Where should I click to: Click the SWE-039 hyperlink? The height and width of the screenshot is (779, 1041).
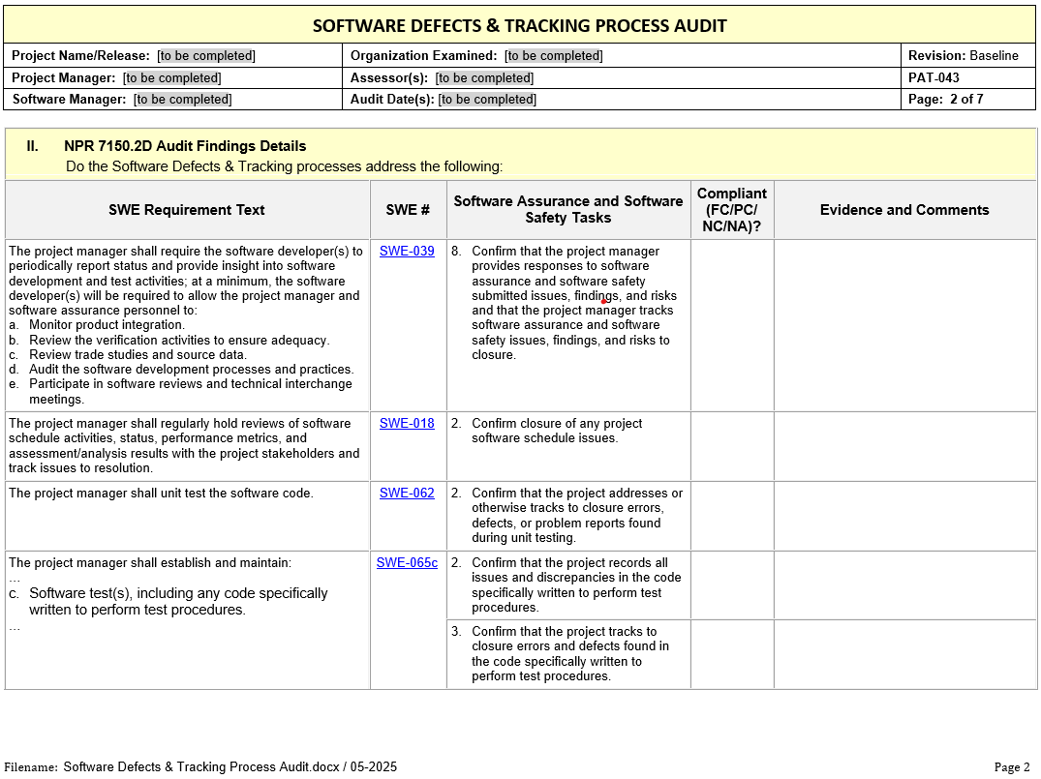click(407, 252)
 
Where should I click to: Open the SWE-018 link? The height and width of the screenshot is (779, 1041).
click(407, 424)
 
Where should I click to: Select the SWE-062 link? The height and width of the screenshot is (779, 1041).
click(407, 494)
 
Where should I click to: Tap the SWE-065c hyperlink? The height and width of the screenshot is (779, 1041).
click(407, 563)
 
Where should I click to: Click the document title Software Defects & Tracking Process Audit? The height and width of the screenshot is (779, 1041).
click(519, 26)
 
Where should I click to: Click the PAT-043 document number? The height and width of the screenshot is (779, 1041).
click(934, 77)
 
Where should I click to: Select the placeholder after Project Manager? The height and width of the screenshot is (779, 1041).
click(172, 77)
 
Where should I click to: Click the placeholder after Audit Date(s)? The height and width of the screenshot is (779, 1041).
click(487, 99)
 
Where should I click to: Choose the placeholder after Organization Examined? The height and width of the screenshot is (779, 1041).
click(554, 56)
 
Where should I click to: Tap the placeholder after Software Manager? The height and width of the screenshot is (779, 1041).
click(183, 99)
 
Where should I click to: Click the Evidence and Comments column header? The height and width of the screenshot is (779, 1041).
click(903, 210)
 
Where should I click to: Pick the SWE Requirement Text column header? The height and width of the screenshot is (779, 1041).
click(187, 210)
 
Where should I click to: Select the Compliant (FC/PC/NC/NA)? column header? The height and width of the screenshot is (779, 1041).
click(731, 210)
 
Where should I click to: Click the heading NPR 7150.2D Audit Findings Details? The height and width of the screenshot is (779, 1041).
click(185, 146)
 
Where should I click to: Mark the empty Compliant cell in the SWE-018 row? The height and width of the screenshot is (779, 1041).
click(731, 446)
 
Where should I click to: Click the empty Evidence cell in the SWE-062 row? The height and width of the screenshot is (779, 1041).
click(903, 516)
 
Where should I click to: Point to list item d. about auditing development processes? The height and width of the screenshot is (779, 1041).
click(191, 370)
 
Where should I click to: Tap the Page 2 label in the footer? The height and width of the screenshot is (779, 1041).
click(1012, 767)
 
